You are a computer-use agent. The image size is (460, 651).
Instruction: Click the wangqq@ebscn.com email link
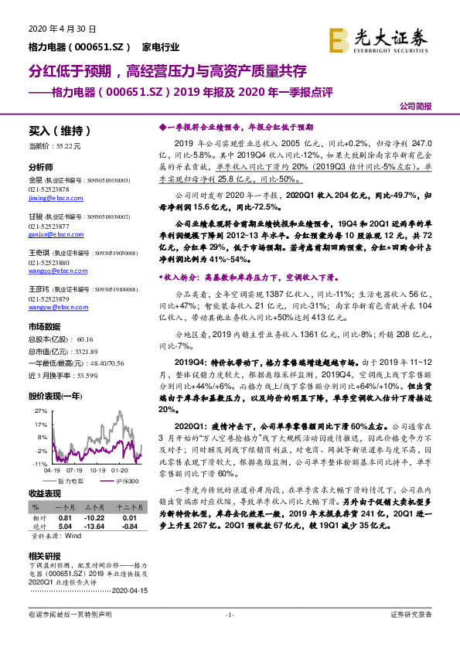coord(53,271)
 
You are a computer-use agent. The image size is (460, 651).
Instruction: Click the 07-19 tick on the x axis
coord(76,469)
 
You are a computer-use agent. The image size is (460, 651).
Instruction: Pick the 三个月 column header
coord(96,506)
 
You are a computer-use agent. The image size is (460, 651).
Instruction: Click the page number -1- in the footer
coord(230,614)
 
